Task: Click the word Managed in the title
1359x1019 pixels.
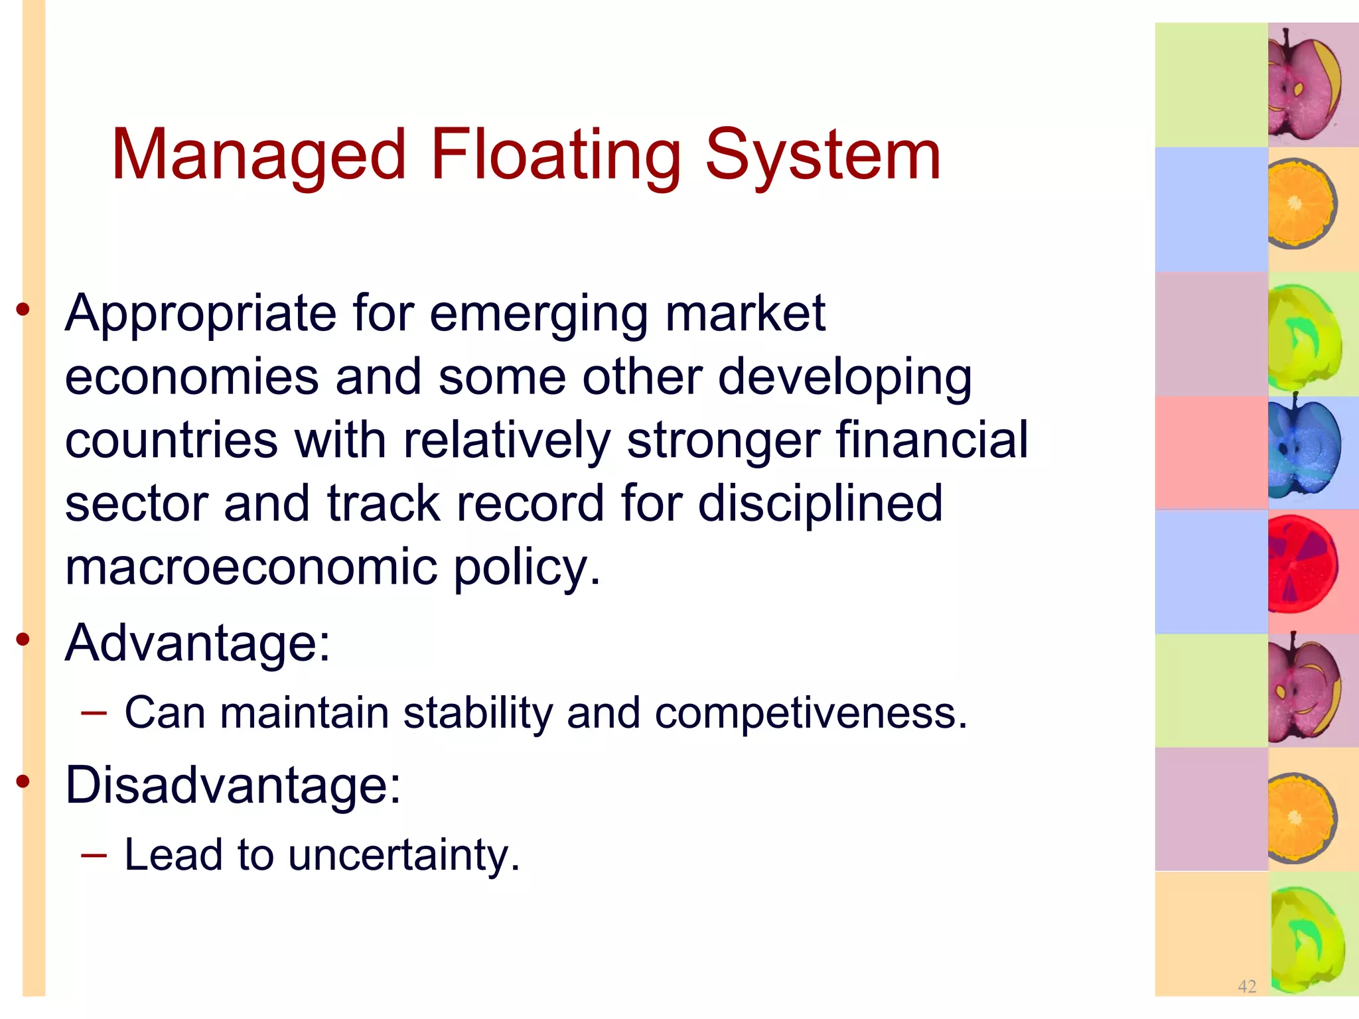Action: click(x=258, y=156)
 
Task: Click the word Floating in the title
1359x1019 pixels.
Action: click(x=555, y=156)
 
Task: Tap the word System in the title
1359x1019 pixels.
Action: click(x=822, y=156)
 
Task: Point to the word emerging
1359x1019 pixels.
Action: click(x=538, y=313)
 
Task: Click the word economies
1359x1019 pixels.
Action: click(x=192, y=377)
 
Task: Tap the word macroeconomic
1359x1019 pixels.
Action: click(x=251, y=567)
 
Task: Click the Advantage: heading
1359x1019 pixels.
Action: click(x=197, y=643)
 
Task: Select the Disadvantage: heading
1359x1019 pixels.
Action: click(x=233, y=785)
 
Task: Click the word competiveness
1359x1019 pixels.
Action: click(x=810, y=713)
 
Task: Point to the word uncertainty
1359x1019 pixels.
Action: click(x=403, y=855)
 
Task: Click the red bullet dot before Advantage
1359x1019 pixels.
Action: click(x=23, y=640)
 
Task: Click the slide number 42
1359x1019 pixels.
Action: click(x=1247, y=986)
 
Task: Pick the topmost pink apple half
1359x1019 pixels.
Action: click(x=1303, y=86)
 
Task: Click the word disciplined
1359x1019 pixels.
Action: click(x=820, y=504)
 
